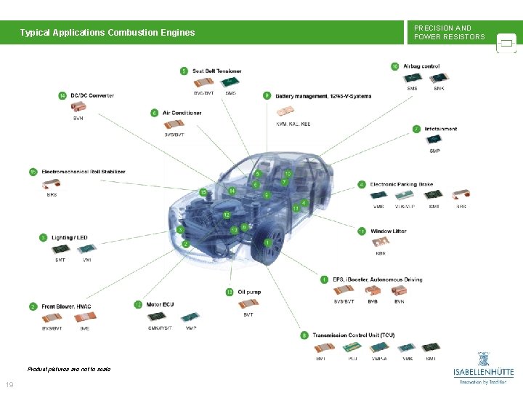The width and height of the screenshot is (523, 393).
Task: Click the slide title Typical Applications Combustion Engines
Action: (x=108, y=33)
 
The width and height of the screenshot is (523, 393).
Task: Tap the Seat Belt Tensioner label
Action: (x=216, y=71)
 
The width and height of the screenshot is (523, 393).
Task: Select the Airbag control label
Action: (x=421, y=67)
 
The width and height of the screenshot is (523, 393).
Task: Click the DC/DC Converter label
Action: (x=92, y=95)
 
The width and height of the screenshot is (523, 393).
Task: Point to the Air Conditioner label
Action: (x=182, y=113)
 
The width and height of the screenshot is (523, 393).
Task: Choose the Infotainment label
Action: (x=441, y=129)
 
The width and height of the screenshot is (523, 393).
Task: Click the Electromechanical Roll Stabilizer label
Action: (x=83, y=172)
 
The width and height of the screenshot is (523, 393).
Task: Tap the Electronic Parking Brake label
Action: (x=401, y=184)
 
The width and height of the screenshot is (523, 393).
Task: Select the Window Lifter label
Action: (x=389, y=231)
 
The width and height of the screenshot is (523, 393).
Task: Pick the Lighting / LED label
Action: (x=69, y=237)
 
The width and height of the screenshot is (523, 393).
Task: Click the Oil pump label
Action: (x=249, y=292)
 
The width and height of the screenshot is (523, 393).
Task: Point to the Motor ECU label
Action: (x=160, y=304)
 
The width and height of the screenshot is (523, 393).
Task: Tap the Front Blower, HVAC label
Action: (x=66, y=306)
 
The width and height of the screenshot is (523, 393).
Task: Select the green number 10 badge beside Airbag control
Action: (x=395, y=67)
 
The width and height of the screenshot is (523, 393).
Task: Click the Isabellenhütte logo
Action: (x=482, y=368)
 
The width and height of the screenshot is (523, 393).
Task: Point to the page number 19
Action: (x=9, y=385)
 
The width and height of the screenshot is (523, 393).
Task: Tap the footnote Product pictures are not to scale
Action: (x=68, y=369)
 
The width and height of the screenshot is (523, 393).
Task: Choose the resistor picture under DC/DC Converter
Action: (x=78, y=106)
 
